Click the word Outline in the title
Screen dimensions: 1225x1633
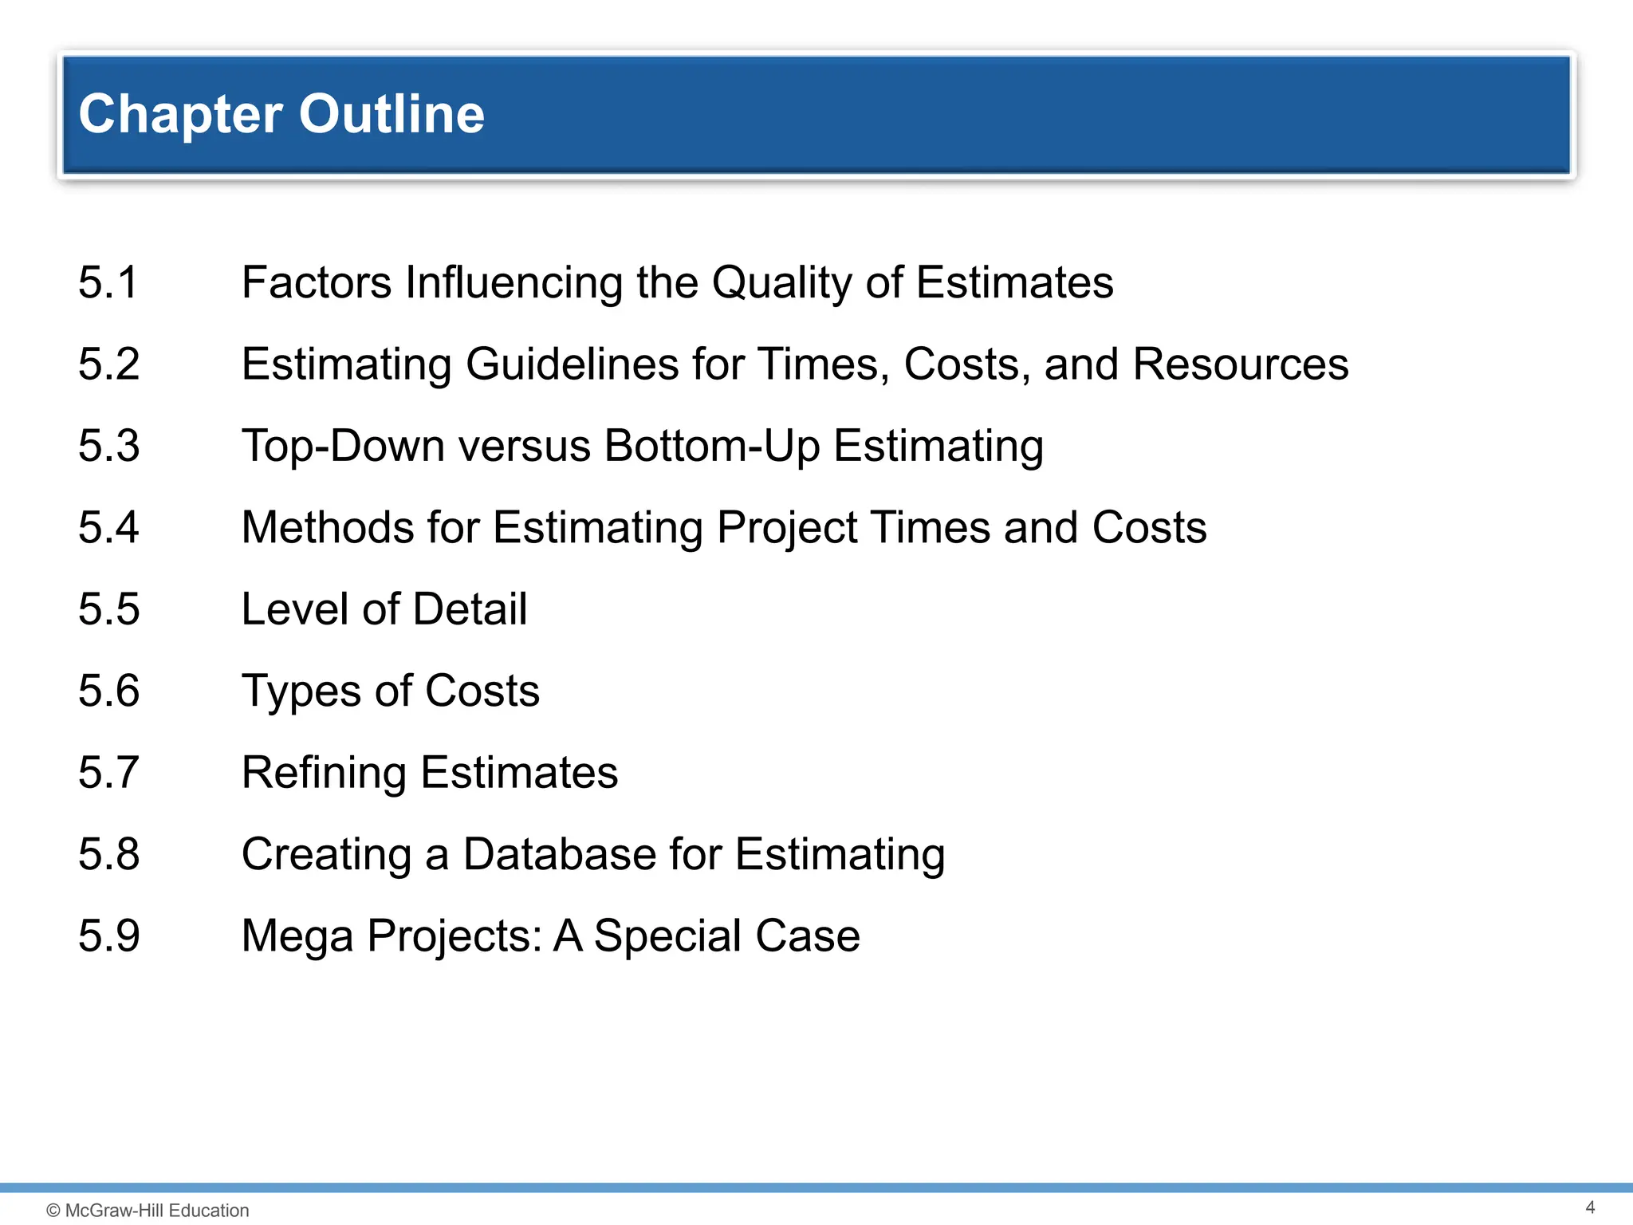point(392,114)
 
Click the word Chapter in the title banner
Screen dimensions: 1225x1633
point(181,114)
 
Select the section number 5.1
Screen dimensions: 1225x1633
point(108,283)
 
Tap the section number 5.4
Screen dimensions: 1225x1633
point(109,528)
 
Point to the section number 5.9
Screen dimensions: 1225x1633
point(109,936)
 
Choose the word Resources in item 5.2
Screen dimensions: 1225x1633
point(1241,364)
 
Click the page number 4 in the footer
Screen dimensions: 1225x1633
point(1590,1207)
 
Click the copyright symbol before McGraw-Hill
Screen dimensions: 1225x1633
point(53,1211)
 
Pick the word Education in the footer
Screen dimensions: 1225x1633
point(209,1211)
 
